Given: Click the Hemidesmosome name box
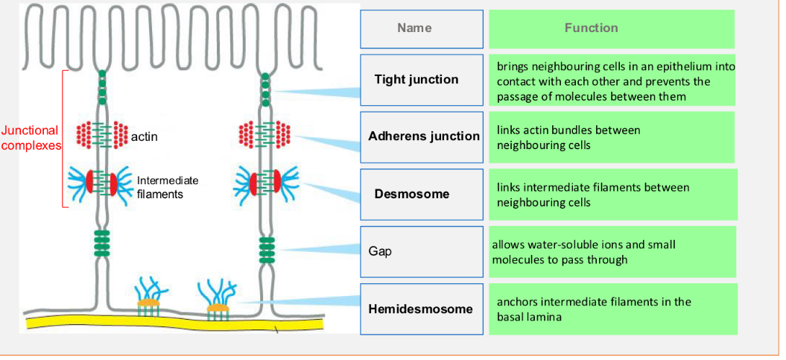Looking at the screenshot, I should (422, 309).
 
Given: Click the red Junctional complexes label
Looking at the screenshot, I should (31, 138).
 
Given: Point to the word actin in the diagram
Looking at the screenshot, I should (145, 137).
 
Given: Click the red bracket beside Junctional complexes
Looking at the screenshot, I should (63, 139).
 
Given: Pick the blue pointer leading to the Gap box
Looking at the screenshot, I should (320, 249).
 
